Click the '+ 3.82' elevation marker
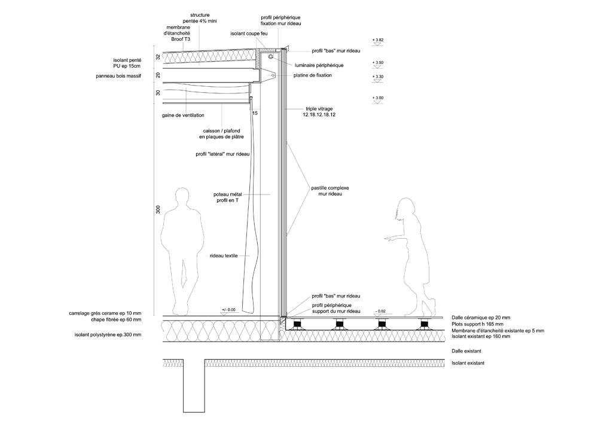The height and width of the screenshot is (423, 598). (378, 41)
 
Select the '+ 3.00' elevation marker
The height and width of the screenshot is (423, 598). (378, 100)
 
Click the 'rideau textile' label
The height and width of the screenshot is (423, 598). (224, 255)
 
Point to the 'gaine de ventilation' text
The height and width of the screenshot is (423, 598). (183, 115)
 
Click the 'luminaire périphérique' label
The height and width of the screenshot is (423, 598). (319, 65)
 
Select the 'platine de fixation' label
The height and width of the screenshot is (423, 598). (313, 75)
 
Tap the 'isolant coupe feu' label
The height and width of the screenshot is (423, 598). (249, 34)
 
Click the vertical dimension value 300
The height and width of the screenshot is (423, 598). (158, 209)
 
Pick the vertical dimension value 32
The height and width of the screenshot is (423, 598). (158, 57)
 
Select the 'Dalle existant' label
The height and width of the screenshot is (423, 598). (466, 351)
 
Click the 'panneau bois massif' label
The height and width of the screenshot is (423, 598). (118, 77)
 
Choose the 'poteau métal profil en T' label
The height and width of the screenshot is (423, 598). (228, 197)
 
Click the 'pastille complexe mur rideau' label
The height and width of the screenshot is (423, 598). (330, 191)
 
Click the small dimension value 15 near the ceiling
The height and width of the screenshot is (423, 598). (255, 113)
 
